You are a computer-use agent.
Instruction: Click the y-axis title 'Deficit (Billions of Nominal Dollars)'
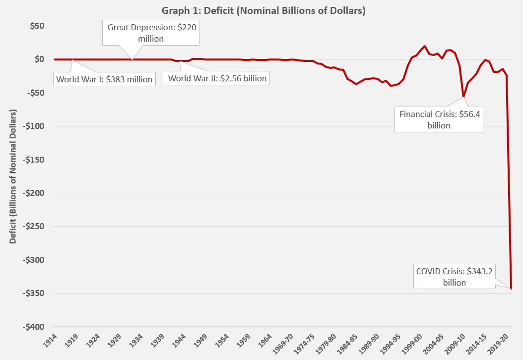13,177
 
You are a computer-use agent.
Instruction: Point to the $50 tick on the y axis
36,26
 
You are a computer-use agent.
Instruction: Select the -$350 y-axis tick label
32,294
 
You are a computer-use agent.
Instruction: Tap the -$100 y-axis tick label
32,126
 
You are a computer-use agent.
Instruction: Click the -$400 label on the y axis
32,327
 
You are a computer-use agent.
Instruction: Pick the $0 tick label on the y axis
38,60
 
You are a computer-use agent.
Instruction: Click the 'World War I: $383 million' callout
104,79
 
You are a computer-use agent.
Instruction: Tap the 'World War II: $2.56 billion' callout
217,78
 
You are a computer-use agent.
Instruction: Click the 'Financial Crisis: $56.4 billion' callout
439,120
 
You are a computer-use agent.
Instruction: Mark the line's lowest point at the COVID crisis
511,289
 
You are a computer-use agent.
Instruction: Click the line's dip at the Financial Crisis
463,97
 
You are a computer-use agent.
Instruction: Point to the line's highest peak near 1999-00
425,46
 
